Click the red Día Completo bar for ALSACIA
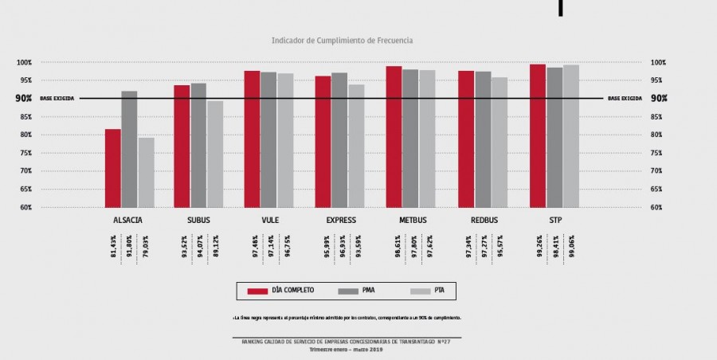click(x=113, y=168)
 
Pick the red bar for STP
click(x=538, y=135)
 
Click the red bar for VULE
click(x=252, y=139)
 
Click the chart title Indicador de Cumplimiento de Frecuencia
click(x=342, y=39)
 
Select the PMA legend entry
click(x=367, y=291)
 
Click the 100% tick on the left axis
click(x=24, y=62)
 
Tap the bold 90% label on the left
click(x=23, y=99)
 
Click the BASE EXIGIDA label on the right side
click(x=625, y=99)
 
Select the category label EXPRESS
click(x=341, y=221)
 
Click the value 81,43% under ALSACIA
click(x=113, y=248)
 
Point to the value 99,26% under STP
click(x=538, y=248)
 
